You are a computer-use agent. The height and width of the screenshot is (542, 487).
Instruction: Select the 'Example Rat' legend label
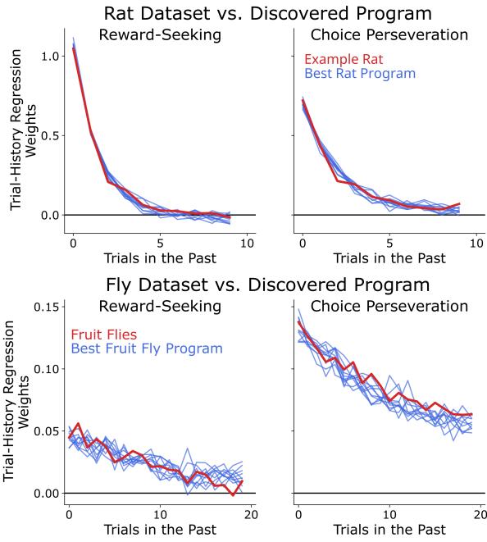344,59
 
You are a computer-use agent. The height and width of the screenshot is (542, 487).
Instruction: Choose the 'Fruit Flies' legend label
105,334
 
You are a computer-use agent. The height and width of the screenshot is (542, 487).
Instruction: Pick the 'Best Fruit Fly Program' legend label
147,348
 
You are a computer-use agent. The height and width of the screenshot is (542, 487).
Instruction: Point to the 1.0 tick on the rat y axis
49,57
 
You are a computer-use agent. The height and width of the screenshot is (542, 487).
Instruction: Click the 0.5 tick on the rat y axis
49,135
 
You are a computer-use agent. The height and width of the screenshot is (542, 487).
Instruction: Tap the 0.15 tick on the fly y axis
46,306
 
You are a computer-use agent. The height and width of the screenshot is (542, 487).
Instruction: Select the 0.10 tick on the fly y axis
46,368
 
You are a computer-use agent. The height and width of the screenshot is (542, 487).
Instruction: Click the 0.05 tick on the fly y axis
46,430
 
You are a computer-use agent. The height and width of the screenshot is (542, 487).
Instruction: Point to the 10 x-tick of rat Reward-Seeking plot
248,243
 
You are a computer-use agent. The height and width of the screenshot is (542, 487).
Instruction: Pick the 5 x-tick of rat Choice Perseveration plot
390,243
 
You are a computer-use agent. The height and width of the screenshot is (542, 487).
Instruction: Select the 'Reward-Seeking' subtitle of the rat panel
161,35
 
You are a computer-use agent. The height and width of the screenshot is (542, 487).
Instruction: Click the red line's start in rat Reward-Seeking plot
74,48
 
